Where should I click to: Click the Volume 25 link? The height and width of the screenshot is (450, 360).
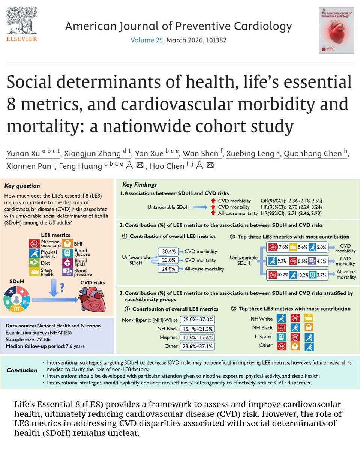147,40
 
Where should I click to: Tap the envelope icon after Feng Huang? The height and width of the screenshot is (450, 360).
140,166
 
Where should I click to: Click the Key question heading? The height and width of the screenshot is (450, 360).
22,186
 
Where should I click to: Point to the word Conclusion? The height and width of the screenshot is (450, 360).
22,370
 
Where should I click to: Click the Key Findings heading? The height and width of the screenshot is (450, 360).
139,185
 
